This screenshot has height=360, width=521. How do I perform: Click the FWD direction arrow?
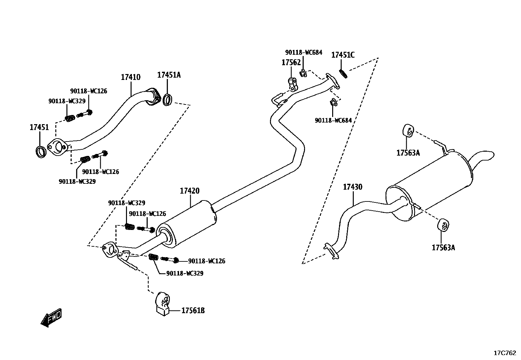tap(51, 317)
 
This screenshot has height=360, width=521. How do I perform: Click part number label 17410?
tap(131, 77)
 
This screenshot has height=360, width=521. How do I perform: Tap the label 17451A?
tap(169, 75)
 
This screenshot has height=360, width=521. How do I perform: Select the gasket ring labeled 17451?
tap(41, 152)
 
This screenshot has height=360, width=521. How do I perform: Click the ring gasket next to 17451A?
tap(168, 100)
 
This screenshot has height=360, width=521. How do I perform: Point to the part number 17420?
tap(189, 191)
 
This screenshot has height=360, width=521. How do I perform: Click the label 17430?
tap(352, 187)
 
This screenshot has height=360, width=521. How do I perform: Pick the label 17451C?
tap(343, 55)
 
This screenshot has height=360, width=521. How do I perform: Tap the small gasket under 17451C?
tap(343, 74)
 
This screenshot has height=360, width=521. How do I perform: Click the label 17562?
tap(291, 62)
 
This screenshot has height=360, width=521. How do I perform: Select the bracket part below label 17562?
tap(293, 84)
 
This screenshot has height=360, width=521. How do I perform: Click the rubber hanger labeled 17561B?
tap(163, 304)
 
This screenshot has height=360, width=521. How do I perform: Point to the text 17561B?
tap(193, 311)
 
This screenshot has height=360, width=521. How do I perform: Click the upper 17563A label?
tap(408, 153)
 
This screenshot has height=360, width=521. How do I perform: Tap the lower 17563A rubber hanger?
tap(443, 225)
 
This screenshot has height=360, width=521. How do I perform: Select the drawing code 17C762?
tap(505, 353)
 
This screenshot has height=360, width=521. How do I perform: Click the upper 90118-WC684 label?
tap(303, 52)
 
